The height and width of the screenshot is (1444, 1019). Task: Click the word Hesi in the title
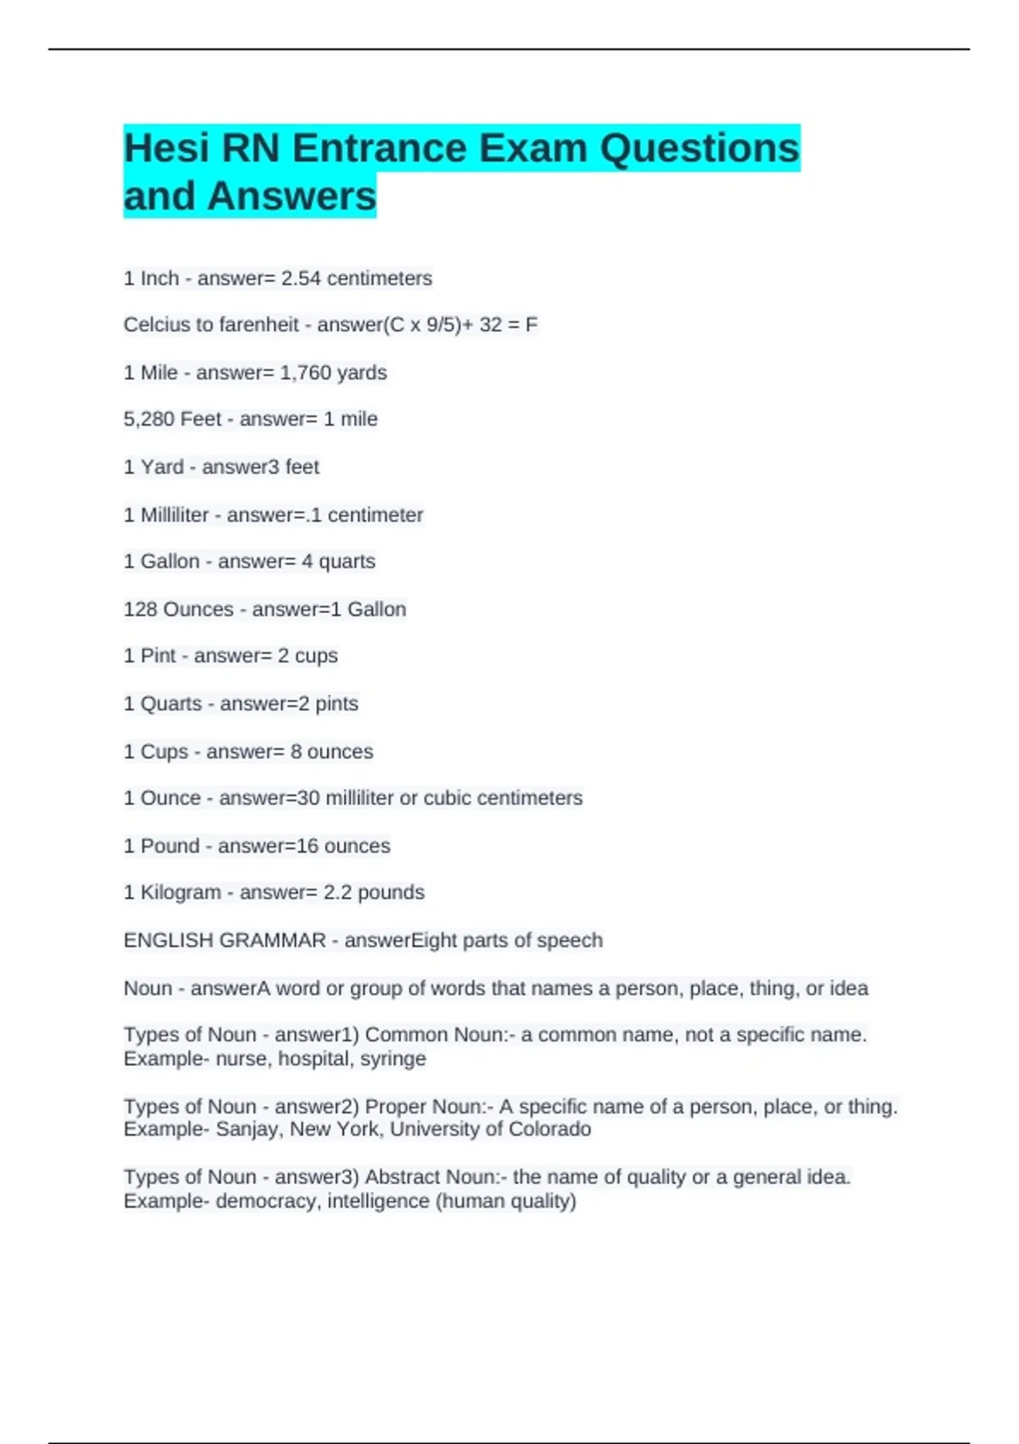coord(166,149)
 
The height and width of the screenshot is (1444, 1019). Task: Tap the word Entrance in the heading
coord(379,149)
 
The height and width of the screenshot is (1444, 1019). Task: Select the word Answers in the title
coord(291,196)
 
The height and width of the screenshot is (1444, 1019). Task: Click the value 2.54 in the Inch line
coord(301,279)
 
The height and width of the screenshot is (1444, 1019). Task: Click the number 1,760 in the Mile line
coord(306,373)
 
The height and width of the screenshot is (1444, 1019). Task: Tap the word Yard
coord(162,467)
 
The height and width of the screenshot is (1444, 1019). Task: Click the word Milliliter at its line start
coord(175,516)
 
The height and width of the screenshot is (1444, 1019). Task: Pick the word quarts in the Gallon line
coord(346,561)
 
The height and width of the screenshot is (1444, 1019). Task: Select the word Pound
coord(170,846)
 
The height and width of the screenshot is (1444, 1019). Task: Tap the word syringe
coord(393,1059)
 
